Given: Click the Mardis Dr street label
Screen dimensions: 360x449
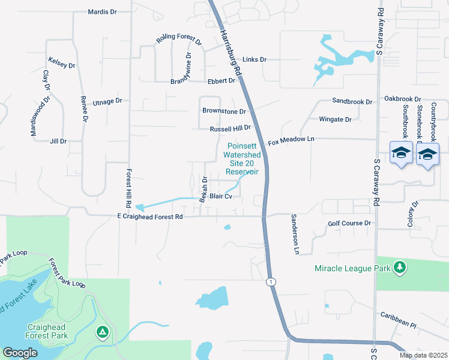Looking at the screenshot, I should (101, 11).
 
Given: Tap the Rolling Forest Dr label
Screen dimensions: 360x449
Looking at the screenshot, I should (179, 38).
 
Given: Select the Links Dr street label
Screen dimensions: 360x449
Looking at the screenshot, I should (254, 59).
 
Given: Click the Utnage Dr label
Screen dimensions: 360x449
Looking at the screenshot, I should (107, 102).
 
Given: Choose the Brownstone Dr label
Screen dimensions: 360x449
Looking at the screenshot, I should (224, 111).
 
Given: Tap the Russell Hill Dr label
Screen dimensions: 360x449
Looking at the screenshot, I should (230, 128).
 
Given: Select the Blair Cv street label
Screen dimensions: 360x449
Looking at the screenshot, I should (220, 196).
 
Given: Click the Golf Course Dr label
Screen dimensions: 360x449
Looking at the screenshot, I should (350, 223).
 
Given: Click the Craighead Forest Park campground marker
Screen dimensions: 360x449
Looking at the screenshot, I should (103, 331).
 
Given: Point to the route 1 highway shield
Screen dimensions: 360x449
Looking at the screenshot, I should (271, 281).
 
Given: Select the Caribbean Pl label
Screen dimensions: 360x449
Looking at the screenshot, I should (398, 319).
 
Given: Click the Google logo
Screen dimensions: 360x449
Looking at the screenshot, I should (20, 352).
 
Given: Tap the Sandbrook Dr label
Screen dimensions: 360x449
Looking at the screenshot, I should (352, 102).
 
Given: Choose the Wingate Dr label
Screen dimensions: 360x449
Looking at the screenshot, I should (335, 119).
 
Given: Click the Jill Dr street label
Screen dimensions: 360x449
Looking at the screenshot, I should (58, 141).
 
